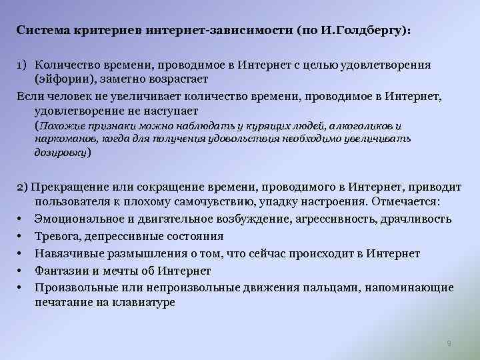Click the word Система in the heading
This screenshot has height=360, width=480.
(x=41, y=31)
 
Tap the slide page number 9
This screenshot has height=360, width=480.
(x=449, y=343)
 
